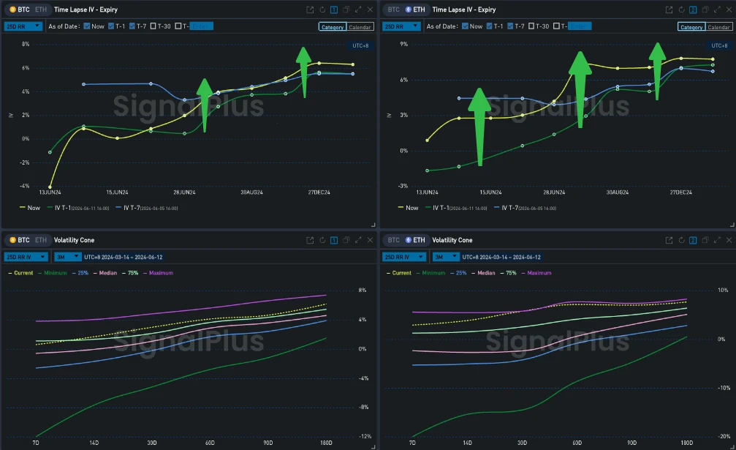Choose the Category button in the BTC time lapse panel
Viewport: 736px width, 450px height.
tap(331, 27)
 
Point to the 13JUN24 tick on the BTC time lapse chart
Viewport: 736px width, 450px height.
tap(49, 192)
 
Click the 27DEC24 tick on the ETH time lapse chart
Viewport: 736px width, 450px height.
tap(680, 192)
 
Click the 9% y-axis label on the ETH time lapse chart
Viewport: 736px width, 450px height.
tap(403, 44)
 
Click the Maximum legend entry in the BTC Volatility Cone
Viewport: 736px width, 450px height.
tap(162, 273)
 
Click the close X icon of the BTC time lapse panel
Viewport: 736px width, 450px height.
tap(369, 10)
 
